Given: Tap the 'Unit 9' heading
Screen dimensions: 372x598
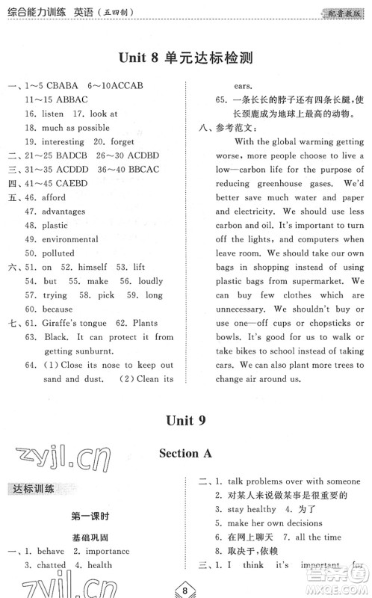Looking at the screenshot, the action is point(185,422).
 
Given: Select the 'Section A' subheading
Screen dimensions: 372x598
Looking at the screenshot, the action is point(185,453).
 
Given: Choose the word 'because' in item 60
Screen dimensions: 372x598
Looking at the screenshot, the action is point(58,309).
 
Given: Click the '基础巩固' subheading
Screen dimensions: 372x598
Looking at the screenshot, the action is point(90,537).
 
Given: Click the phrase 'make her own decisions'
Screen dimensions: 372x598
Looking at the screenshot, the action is point(274,523).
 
